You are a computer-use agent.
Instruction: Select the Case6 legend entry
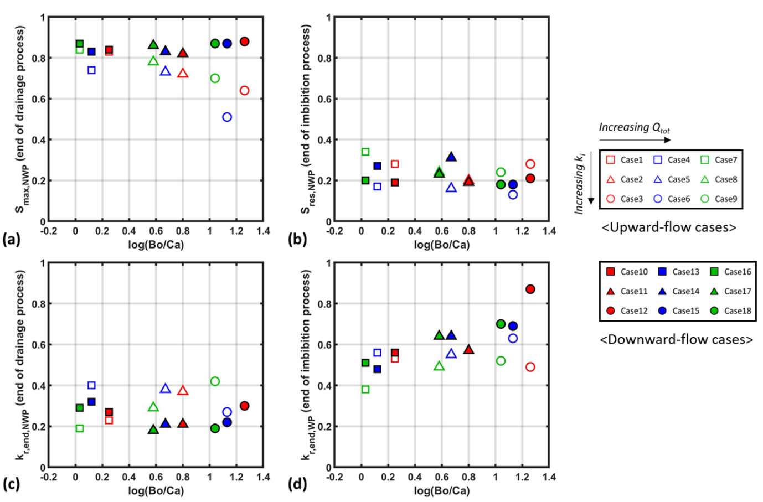[x=672, y=199]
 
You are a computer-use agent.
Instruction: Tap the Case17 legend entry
[x=731, y=292]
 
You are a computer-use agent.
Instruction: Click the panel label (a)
[x=11, y=239]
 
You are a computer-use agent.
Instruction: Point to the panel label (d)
[x=297, y=484]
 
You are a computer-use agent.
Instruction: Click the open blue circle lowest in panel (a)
[x=227, y=117]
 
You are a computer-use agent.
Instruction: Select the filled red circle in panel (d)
[x=530, y=289]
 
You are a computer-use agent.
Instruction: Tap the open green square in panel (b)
[x=365, y=152]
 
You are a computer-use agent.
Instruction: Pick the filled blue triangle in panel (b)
[x=451, y=157]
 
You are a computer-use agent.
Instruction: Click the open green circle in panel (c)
[x=215, y=381]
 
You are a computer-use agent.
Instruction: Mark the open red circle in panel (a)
[x=244, y=91]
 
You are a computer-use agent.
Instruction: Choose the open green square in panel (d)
[x=365, y=390]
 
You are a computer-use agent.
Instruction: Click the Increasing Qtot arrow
[x=635, y=140]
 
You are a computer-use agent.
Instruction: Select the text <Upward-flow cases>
[x=669, y=227]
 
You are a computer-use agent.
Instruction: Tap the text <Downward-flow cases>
[x=677, y=339]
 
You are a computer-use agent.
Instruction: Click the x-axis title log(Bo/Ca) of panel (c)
[x=156, y=490]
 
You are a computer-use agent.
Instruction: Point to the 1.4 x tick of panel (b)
[x=549, y=231]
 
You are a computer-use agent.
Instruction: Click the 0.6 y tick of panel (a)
[x=42, y=99]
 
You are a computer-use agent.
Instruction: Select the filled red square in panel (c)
[x=109, y=412]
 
